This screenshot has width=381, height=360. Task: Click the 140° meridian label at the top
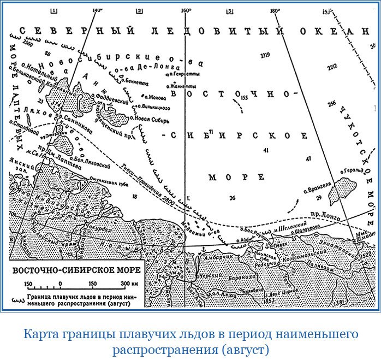(x=98, y=10)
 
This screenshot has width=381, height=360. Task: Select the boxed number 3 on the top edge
(x=229, y=11)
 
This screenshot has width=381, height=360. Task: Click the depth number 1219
(x=266, y=55)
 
